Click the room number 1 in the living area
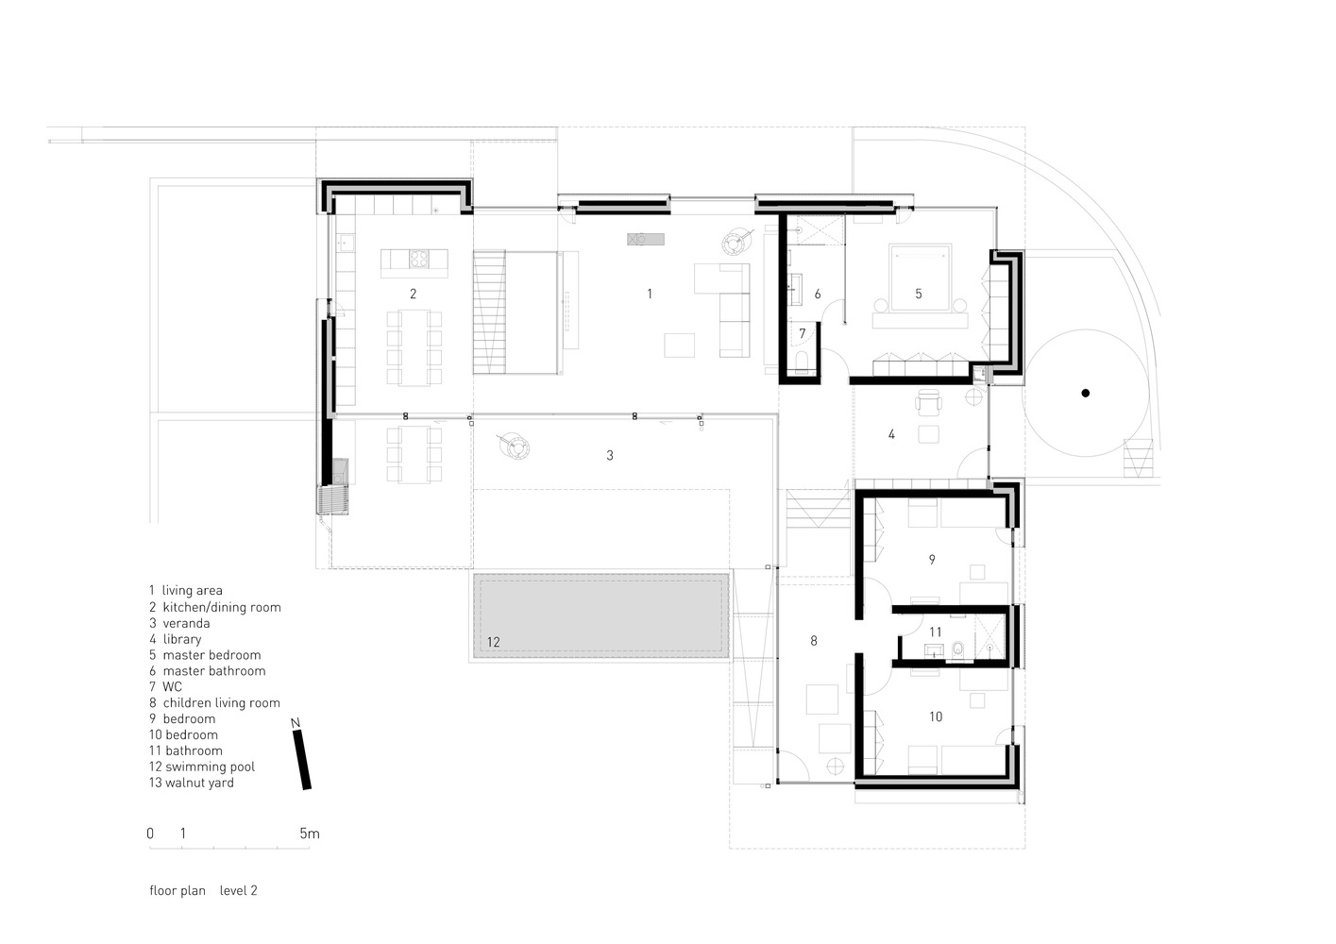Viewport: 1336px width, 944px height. [650, 294]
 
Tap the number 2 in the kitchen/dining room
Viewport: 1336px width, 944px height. [413, 294]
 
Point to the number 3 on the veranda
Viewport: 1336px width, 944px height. [610, 456]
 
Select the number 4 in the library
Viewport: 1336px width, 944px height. [891, 434]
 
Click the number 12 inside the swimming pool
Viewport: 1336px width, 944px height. [493, 642]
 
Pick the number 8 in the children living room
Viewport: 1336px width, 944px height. [814, 640]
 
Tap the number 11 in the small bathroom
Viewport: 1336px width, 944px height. [935, 632]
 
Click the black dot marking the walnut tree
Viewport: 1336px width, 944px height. [1086, 393]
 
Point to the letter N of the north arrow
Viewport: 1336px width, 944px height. [296, 723]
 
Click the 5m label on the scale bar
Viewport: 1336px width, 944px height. [310, 834]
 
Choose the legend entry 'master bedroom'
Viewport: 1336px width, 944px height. [211, 655]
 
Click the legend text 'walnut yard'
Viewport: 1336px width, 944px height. [199, 783]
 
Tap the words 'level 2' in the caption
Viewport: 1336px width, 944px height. [239, 890]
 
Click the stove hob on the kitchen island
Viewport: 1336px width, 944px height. [418, 259]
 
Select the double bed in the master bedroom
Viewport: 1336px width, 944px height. [919, 278]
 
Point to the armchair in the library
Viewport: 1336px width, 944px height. [928, 402]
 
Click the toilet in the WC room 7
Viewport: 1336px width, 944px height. [802, 363]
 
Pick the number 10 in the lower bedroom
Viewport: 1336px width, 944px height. [936, 716]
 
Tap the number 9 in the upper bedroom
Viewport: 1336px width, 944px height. [932, 560]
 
